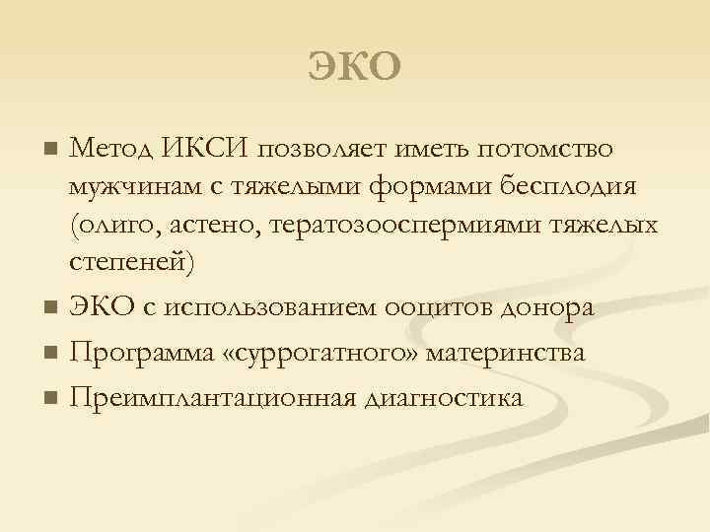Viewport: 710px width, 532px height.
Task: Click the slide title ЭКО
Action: pos(355,67)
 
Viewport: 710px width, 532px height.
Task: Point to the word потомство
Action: pos(545,149)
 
